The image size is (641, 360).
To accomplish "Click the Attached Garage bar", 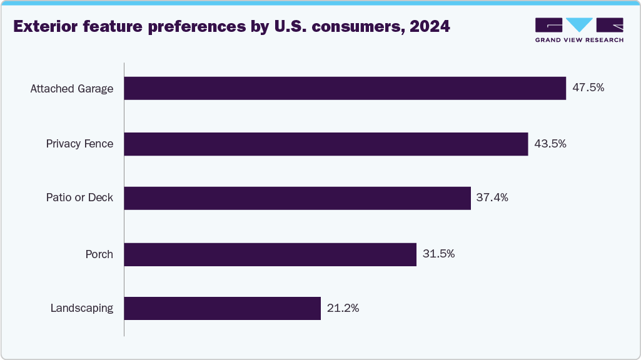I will pos(345,88).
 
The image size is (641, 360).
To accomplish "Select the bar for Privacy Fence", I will pos(326,144).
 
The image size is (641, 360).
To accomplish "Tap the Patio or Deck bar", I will pos(297,198).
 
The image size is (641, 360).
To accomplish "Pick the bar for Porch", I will pos(270,254).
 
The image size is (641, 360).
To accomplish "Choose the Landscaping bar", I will pos(222,308).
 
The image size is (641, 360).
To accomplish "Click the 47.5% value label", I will pos(588,88).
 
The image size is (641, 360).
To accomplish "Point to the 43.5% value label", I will pos(550,144).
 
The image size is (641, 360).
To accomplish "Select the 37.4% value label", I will pos(492,198).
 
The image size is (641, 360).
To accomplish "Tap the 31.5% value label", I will pos(438,254).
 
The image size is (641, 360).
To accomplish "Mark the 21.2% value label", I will pos(343,308).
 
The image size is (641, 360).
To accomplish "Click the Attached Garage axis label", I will pos(72,89).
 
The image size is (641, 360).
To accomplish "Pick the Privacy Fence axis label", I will pos(79,144).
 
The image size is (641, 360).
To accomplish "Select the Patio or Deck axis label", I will pos(79,198).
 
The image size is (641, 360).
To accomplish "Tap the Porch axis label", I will pos(99,254).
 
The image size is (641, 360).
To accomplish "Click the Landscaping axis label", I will pos(82,308).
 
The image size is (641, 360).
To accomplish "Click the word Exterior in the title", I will pos(43,27).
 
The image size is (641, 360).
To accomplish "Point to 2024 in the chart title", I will pos(429,27).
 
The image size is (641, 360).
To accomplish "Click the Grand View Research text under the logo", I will pos(579,40).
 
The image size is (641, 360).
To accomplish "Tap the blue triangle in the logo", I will pos(579,24).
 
